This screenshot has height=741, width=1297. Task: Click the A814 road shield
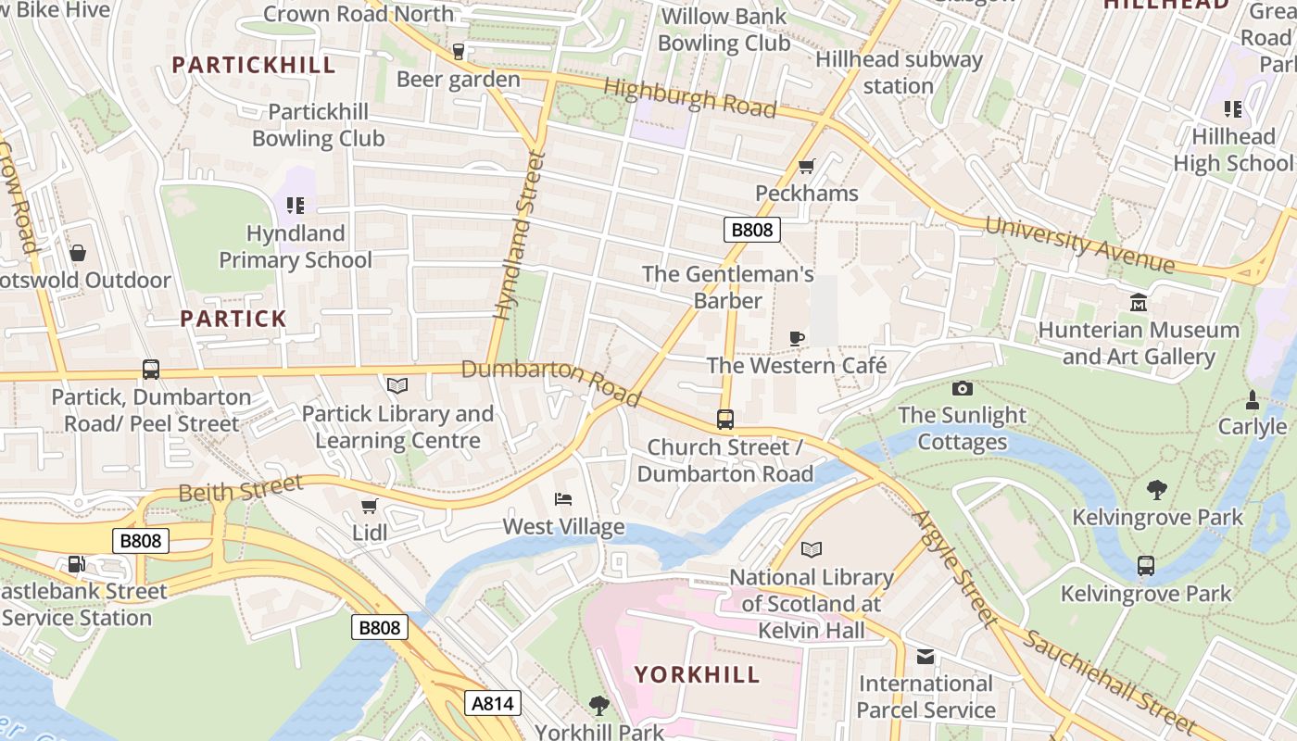point(492,703)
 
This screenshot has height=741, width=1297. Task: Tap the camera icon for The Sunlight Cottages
point(963,388)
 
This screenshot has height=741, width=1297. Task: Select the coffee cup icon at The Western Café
point(796,338)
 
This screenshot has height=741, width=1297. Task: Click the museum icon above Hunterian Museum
point(1138,303)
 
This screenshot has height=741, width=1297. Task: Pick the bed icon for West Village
point(562,499)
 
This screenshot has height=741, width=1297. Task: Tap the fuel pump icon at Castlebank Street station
point(76,564)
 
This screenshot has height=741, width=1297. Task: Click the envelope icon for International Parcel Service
point(925,657)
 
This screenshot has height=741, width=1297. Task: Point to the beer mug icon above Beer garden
point(458,52)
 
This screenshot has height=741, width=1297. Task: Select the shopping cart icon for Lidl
point(369,506)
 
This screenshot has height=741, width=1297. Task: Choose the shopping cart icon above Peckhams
point(806,167)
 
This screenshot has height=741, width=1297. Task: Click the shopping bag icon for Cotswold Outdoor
point(78,253)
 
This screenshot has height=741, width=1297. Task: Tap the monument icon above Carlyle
point(1252,400)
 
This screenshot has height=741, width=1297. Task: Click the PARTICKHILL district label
point(254,65)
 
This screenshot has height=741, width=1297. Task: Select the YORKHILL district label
point(697,674)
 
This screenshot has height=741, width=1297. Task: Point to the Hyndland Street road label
point(517,236)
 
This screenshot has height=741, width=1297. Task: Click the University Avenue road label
point(1079,245)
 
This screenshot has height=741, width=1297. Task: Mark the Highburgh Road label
point(689,97)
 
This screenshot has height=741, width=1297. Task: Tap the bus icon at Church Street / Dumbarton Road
point(724,420)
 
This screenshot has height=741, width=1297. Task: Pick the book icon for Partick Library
point(397,385)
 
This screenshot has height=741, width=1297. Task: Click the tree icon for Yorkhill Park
point(599,706)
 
